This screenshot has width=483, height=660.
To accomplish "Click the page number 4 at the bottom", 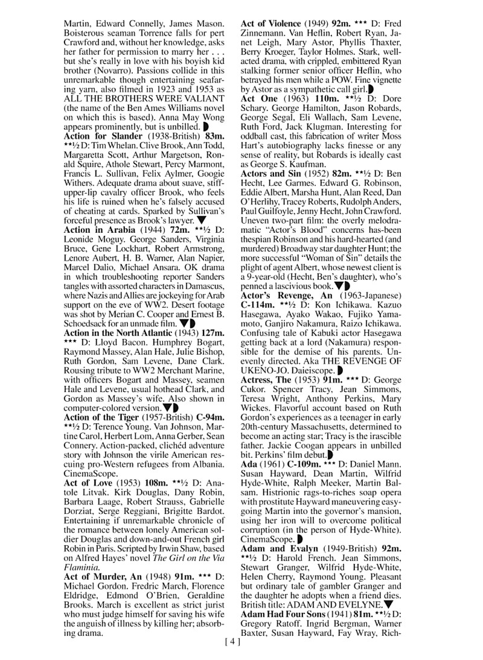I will [232, 643].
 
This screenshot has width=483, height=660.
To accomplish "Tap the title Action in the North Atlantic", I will [118, 332].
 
